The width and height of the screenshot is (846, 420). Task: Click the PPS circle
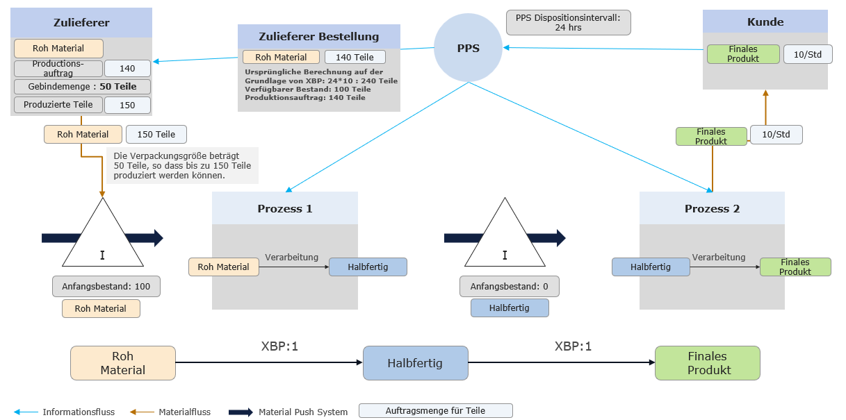pyautogui.click(x=468, y=48)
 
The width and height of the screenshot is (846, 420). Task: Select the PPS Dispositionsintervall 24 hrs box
pyautogui.click(x=568, y=22)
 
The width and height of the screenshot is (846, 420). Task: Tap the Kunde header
pyautogui.click(x=765, y=22)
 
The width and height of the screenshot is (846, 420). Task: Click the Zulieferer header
pyautogui.click(x=81, y=23)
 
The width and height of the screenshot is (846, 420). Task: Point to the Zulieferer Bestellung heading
pyautogui.click(x=318, y=37)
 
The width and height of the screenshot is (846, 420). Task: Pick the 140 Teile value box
pyautogui.click(x=355, y=58)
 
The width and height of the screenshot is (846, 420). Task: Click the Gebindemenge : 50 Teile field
pyautogui.click(x=82, y=87)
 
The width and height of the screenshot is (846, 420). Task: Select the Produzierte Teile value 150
pyautogui.click(x=127, y=106)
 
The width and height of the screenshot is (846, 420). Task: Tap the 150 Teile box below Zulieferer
pyautogui.click(x=156, y=135)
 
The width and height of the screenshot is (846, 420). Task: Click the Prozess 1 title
pyautogui.click(x=284, y=208)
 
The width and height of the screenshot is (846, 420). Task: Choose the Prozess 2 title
pyautogui.click(x=712, y=208)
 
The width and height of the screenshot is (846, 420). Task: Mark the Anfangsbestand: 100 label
pyautogui.click(x=106, y=286)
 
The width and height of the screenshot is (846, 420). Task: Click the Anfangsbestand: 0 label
pyautogui.click(x=509, y=286)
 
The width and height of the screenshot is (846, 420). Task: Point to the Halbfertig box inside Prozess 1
pyautogui.click(x=368, y=267)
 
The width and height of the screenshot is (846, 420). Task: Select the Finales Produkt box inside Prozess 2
pyautogui.click(x=795, y=267)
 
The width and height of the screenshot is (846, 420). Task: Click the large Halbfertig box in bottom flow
pyautogui.click(x=415, y=363)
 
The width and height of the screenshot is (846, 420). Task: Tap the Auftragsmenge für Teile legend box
pyautogui.click(x=435, y=410)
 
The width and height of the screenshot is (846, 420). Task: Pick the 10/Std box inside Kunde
pyautogui.click(x=807, y=54)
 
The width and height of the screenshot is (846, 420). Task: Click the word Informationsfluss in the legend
pyautogui.click(x=79, y=412)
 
